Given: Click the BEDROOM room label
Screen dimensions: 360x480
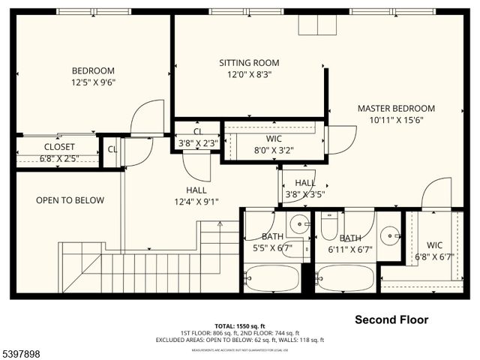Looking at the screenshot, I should (x=93, y=70).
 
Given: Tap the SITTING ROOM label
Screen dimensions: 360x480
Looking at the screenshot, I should (x=249, y=62).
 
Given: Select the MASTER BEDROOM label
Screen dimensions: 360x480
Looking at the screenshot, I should (x=396, y=108).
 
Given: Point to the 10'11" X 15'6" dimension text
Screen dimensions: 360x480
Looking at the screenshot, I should (x=396, y=120).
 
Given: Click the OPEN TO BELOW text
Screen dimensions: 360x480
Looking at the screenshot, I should (x=70, y=200).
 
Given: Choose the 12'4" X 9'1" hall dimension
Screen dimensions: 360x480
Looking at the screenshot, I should (x=196, y=202).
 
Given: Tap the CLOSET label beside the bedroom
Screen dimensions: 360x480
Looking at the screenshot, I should (x=59, y=147).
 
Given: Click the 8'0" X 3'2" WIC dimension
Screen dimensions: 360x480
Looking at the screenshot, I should (x=273, y=150).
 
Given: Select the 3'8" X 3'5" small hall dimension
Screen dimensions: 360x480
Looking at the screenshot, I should (x=304, y=195).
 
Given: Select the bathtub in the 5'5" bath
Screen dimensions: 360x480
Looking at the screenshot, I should (x=271, y=278).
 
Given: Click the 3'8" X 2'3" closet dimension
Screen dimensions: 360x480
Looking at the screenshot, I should (x=197, y=143).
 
